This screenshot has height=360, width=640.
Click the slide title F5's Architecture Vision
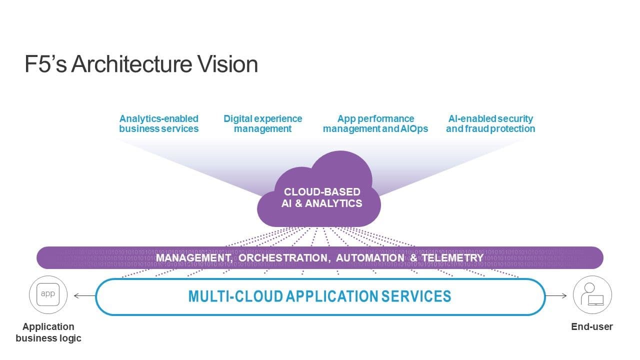[141, 64]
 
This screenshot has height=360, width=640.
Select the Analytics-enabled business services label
[158, 123]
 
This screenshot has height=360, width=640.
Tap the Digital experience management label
[262, 123]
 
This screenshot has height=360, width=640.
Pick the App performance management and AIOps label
[375, 123]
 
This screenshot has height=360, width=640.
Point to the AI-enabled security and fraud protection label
[490, 123]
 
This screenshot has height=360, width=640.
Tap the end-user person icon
[592, 295]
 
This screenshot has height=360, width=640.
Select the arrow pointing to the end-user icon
[556, 296]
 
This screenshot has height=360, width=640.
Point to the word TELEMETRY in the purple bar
[452, 258]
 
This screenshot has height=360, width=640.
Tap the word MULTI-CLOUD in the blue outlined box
[235, 296]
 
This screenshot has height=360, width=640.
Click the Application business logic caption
[48, 332]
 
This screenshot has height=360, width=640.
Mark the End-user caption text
[592, 327]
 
